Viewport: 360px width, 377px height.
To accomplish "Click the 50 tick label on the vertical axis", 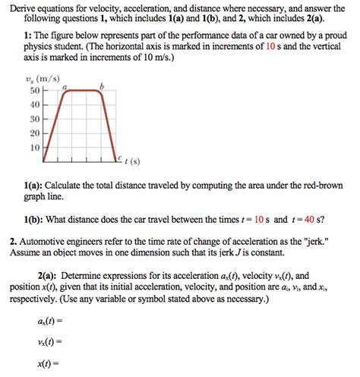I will point(33,90).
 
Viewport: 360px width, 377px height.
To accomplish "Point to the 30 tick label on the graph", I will point(33,119).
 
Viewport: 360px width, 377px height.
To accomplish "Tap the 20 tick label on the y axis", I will point(33,132).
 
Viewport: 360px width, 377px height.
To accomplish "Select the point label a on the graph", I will point(65,87).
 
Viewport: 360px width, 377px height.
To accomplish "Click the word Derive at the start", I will point(24,7).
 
